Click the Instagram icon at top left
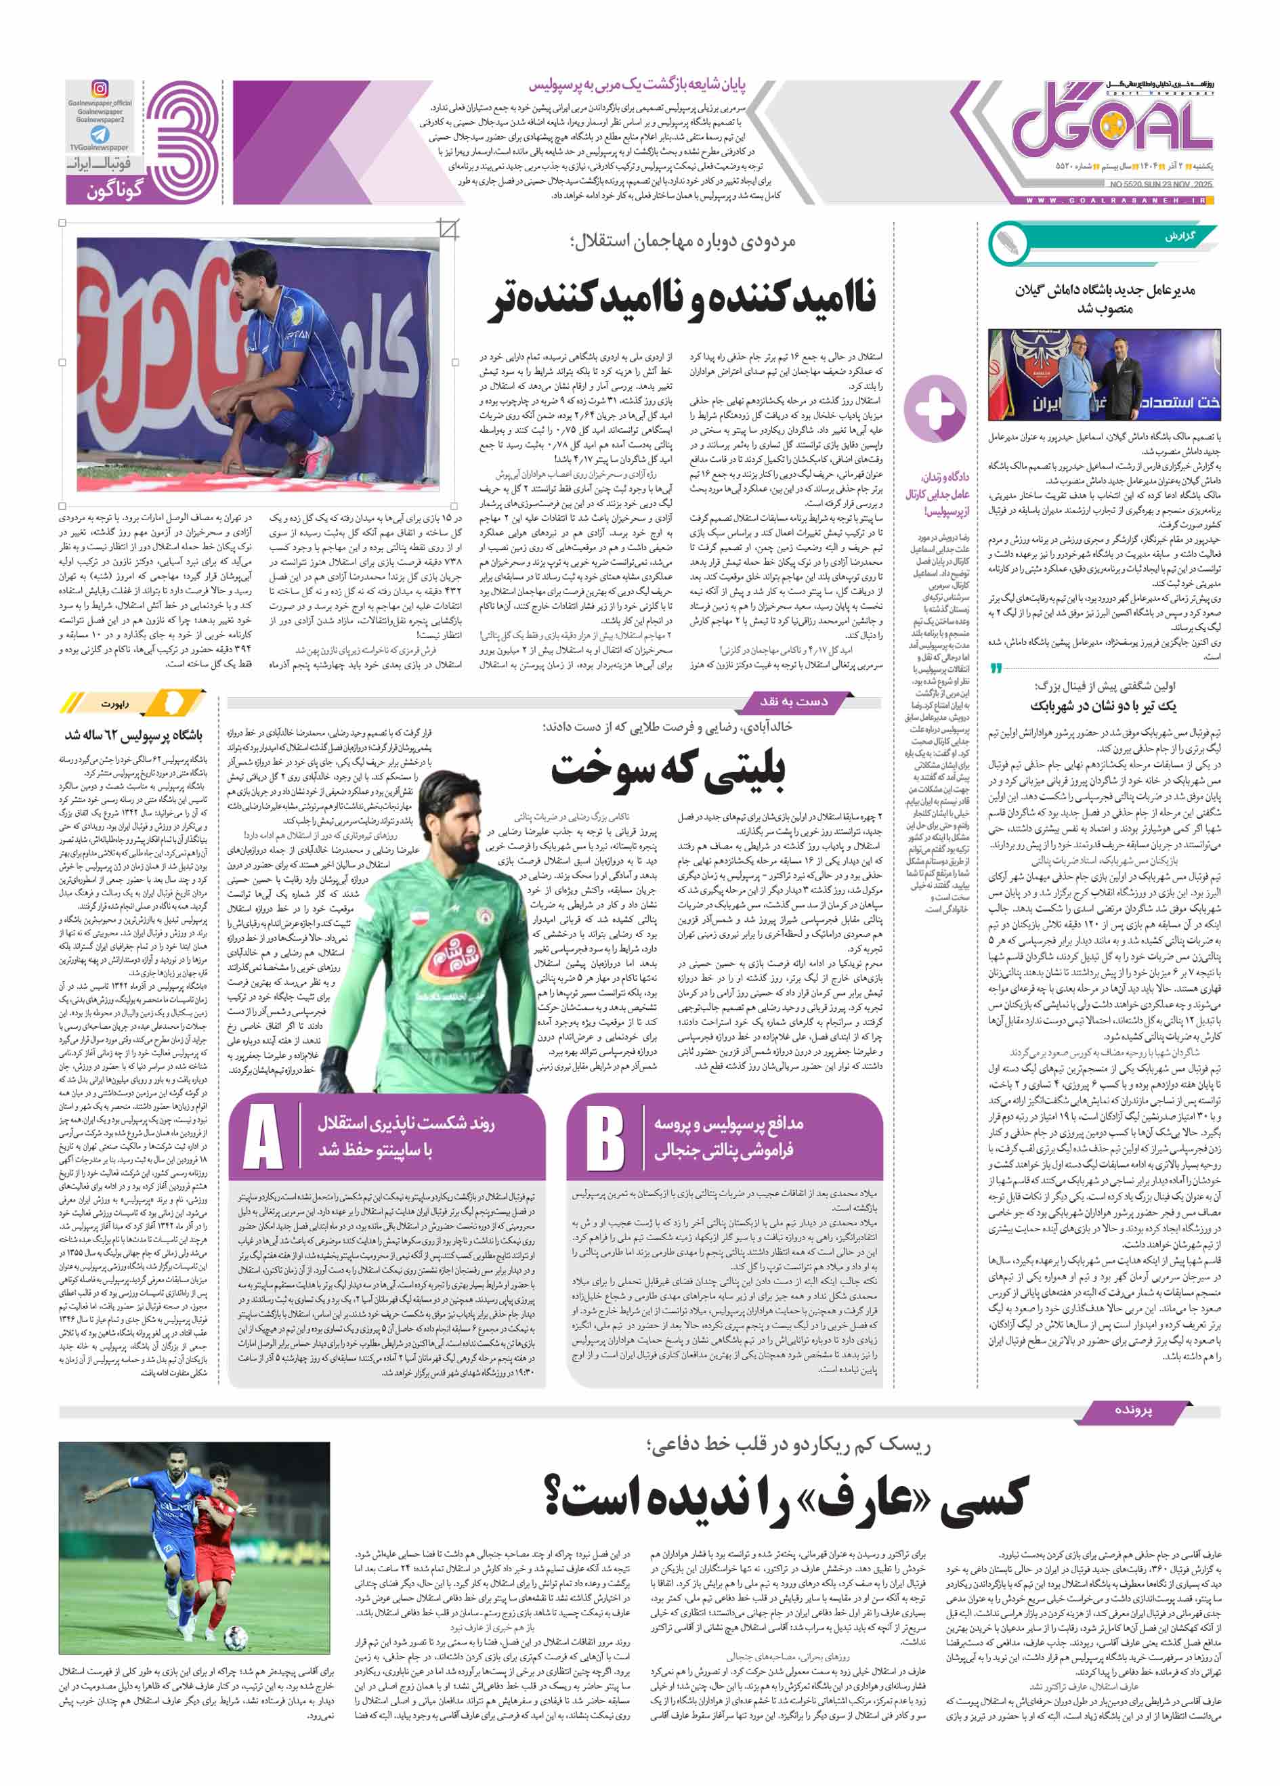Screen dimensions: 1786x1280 [x=100, y=89]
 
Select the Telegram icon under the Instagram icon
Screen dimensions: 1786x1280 [x=100, y=135]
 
